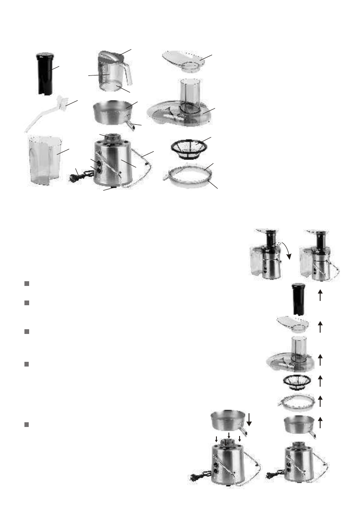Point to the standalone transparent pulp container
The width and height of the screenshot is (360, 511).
[44, 159]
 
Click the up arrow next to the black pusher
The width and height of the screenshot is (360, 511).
[320, 295]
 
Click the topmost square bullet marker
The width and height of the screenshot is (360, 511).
[27, 284]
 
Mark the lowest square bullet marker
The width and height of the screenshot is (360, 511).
[27, 424]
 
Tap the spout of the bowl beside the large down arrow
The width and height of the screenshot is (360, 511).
[243, 431]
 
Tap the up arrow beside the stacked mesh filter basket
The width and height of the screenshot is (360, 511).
[320, 380]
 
